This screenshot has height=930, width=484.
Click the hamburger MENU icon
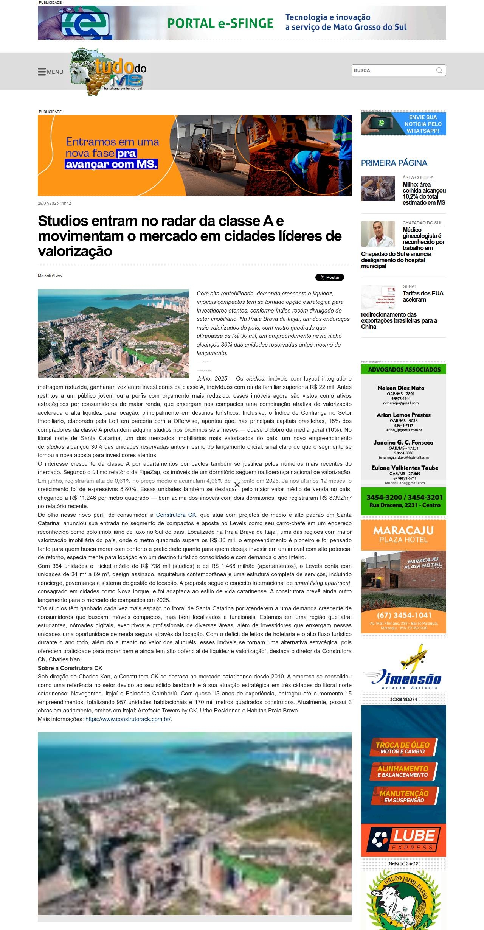pyautogui.click(x=42, y=72)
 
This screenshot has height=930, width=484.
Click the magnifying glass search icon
pyautogui.click(x=439, y=70)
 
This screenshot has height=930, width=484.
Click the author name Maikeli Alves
pyautogui.click(x=50, y=275)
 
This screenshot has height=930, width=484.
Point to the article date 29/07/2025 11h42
pyautogui.click(x=54, y=203)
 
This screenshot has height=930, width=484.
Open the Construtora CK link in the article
pyautogui.click(x=176, y=515)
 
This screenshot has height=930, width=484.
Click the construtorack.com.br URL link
pyautogui.click(x=128, y=719)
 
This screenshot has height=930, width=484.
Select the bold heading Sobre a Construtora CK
pyautogui.click(x=70, y=668)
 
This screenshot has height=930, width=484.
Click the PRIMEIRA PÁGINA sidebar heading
pyautogui.click(x=394, y=163)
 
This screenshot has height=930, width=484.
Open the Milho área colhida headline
pyautogui.click(x=424, y=193)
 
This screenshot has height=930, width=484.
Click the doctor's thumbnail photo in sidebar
pyautogui.click(x=378, y=234)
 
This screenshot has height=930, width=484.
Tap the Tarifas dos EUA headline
pyautogui.click(x=423, y=296)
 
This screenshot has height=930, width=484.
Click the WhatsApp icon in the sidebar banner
pyautogui.click(x=381, y=123)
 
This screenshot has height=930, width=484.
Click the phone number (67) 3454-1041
pyautogui.click(x=404, y=615)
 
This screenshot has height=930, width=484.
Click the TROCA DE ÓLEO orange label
pyautogui.click(x=403, y=747)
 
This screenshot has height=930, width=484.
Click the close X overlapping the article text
pyautogui.click(x=237, y=485)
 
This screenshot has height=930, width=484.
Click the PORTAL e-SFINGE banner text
pyautogui.click(x=220, y=23)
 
